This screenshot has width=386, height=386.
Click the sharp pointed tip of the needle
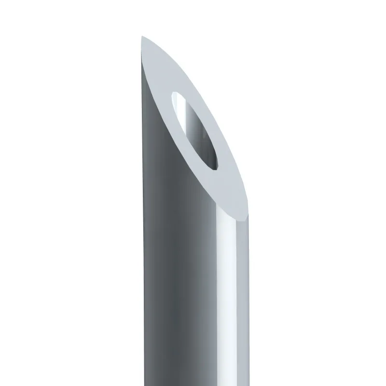142,38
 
